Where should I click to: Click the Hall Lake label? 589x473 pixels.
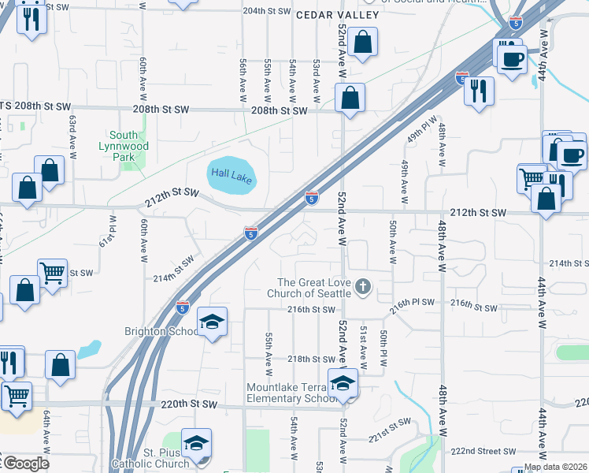coord(231,176)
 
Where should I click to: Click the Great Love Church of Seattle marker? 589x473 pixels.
coord(363,285)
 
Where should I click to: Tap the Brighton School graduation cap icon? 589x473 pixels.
coord(212,322)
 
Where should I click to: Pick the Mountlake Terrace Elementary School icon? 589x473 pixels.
coord(343,384)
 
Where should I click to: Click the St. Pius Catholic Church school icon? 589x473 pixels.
coord(196,444)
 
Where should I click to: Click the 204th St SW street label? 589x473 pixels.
coord(266,11)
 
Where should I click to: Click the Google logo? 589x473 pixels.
coord(26,464)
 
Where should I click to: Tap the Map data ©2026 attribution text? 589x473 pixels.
coord(555,467)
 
